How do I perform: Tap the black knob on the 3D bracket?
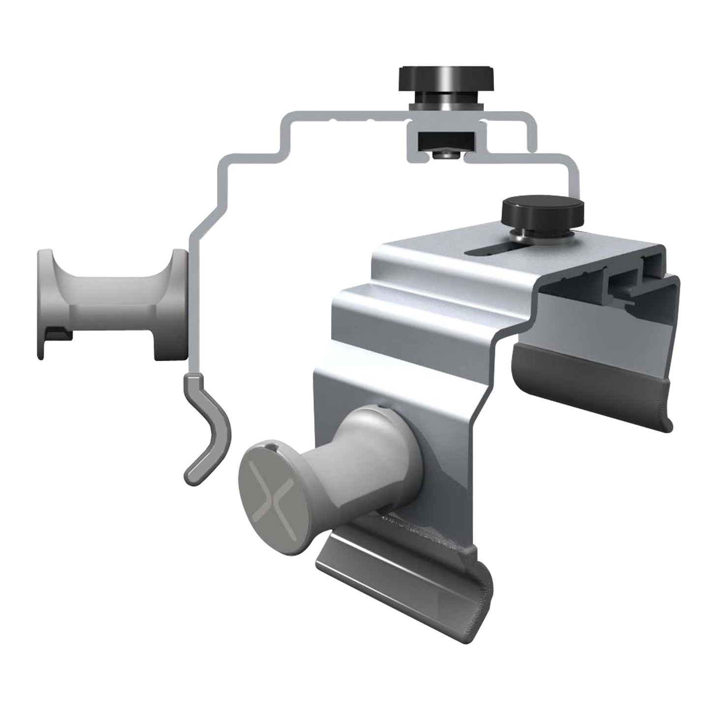(x=542, y=211)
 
